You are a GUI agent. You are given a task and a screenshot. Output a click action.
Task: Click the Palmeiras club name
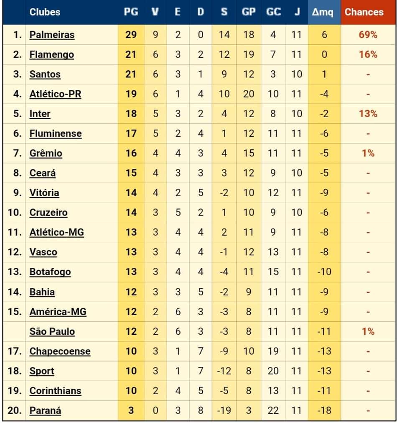(52, 35)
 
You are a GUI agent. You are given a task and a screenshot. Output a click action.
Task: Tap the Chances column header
(364, 12)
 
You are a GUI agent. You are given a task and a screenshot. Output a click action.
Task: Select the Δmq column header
(323, 12)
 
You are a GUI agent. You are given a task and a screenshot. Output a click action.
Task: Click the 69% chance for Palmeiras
(368, 35)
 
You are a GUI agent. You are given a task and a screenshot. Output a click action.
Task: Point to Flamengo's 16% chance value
(368, 54)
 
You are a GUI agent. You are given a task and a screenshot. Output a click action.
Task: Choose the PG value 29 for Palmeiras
(131, 35)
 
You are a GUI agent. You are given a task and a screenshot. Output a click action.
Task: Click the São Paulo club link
(52, 331)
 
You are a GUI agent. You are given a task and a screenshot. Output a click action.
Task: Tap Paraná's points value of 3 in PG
(131, 410)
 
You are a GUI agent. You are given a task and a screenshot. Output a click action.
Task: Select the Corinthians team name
(55, 391)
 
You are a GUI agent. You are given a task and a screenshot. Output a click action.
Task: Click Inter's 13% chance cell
(368, 114)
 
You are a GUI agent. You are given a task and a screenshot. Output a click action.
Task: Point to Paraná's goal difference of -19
(224, 410)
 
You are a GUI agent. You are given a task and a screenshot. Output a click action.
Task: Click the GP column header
(249, 12)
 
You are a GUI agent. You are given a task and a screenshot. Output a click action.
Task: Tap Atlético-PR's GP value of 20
(249, 94)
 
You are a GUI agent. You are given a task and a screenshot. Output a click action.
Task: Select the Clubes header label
(45, 12)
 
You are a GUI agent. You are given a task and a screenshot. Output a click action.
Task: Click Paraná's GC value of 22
(273, 410)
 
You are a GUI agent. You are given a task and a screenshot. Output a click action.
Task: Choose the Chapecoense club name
(60, 351)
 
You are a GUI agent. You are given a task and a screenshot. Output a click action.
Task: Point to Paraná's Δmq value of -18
(324, 410)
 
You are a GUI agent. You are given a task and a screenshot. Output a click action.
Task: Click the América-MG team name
(58, 312)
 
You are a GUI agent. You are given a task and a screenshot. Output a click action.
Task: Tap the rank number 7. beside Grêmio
(18, 153)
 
